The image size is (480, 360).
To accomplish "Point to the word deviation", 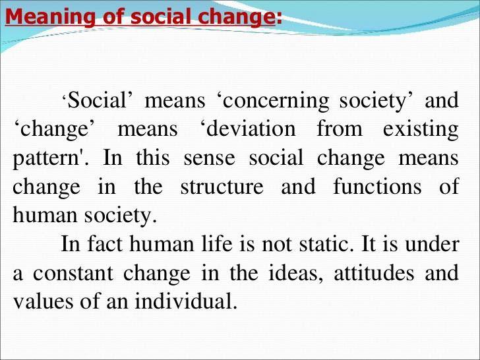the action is [251, 129].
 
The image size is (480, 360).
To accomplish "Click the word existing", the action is [421, 130].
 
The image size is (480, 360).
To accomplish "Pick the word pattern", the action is [46, 159].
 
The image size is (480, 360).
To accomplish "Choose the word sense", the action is [210, 158].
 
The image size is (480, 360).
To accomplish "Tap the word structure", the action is [222, 187].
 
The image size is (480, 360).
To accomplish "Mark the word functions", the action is [377, 186].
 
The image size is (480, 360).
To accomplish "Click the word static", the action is [324, 244].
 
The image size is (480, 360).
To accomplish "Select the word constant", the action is [73, 273].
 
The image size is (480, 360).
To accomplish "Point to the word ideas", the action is [295, 273].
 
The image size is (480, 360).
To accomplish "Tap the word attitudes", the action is [374, 273].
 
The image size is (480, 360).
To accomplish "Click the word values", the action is [43, 301].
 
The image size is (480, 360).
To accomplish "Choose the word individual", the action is [186, 301].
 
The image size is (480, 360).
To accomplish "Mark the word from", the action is [339, 129].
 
